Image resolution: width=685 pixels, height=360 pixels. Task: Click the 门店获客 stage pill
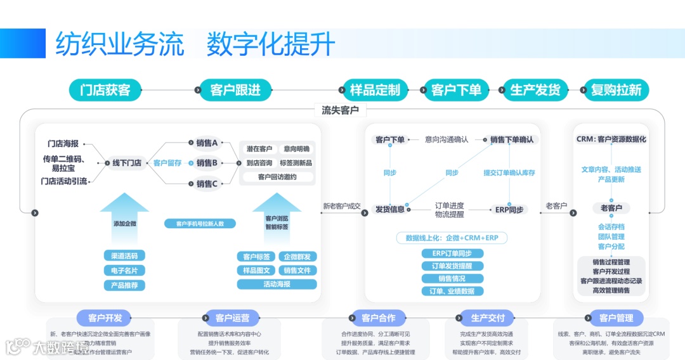tap(105, 90)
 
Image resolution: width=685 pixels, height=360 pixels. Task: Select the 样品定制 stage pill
tap(375, 90)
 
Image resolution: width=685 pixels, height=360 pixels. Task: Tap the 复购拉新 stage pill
tap(615, 90)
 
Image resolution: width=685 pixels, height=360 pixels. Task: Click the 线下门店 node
tap(126, 163)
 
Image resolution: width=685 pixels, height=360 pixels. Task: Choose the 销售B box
tap(207, 163)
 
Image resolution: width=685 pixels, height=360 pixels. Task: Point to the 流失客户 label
tap(340, 110)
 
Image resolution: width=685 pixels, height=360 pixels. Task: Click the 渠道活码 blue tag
tap(124, 255)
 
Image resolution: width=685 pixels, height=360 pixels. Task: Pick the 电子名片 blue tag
tap(124, 271)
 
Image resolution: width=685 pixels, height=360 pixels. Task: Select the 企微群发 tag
tap(297, 257)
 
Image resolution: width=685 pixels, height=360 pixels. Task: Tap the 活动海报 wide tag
tap(277, 285)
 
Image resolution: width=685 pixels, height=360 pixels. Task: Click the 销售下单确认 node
tap(511, 139)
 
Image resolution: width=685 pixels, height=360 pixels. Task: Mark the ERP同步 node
tap(509, 209)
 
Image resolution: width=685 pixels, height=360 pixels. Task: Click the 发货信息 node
tap(389, 209)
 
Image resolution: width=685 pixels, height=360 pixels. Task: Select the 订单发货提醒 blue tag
tap(452, 266)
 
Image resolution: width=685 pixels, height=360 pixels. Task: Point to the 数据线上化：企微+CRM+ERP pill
tap(452, 238)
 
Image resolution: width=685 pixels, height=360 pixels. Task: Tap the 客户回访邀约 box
tap(277, 177)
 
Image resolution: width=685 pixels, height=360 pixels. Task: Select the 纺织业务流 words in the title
tap(120, 44)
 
